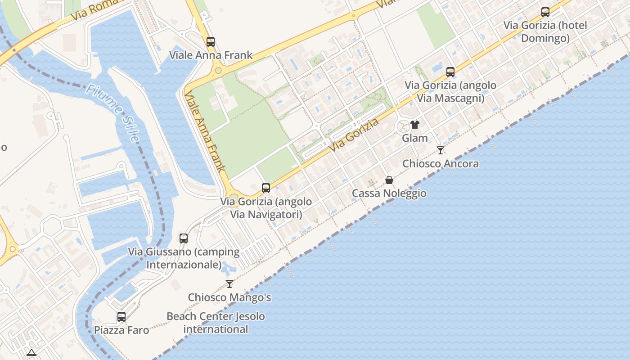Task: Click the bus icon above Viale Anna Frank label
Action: pos(211,42)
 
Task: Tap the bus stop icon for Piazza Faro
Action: pos(121,316)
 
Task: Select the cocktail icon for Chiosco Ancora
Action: pos(441,150)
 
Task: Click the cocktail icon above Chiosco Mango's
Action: pos(229,284)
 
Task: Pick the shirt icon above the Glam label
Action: pos(415,125)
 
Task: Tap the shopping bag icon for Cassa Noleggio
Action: pos(389,180)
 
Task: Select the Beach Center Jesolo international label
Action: pos(216,323)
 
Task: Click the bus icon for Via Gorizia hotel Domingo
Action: pos(545,12)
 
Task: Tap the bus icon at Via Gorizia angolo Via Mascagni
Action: pos(450,72)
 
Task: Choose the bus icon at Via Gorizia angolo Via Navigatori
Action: pos(266,188)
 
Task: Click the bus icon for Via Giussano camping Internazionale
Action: pos(184,238)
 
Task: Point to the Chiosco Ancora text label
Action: pos(441,163)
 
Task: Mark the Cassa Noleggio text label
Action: pos(389,193)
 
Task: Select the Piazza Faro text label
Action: pos(121,330)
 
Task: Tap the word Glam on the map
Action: pos(415,138)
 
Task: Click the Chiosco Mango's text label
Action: pos(229,297)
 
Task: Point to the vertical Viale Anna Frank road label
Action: pos(205,132)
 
